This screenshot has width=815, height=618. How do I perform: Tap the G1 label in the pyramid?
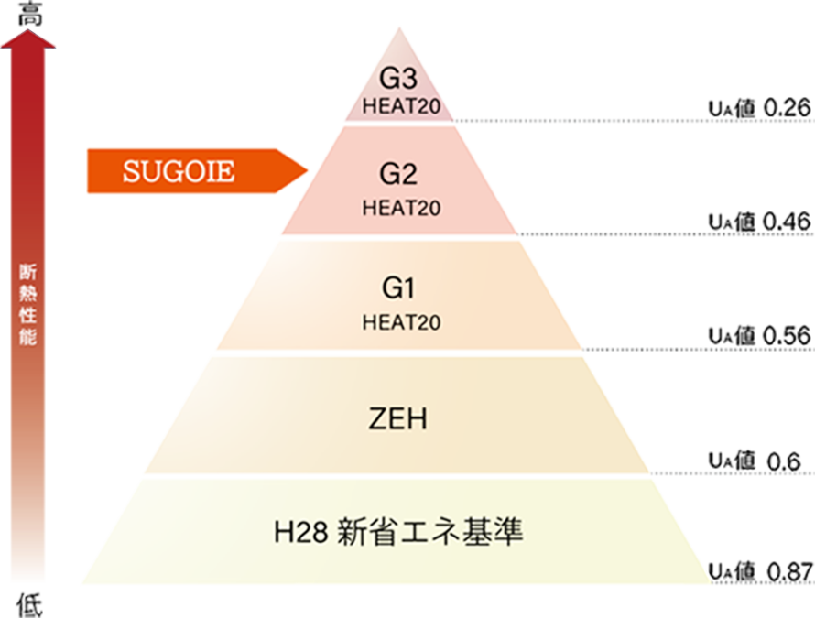click(x=399, y=289)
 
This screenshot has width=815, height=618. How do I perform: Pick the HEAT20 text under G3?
click(x=401, y=105)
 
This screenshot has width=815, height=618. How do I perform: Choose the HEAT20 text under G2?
click(x=401, y=208)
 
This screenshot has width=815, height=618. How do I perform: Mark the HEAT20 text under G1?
click(x=401, y=322)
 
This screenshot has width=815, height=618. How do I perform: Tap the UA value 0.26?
click(x=760, y=109)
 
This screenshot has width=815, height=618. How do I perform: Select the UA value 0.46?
click(x=760, y=221)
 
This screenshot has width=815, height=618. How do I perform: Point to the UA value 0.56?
click(x=760, y=335)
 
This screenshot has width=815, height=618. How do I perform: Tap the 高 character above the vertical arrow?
click(x=28, y=11)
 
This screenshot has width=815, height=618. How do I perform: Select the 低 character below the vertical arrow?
click(x=28, y=603)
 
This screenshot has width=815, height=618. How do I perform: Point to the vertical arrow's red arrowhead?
click(x=28, y=38)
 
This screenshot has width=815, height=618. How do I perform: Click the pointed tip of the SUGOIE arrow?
click(x=306, y=170)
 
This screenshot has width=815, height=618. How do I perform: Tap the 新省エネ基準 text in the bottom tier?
click(x=430, y=532)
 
